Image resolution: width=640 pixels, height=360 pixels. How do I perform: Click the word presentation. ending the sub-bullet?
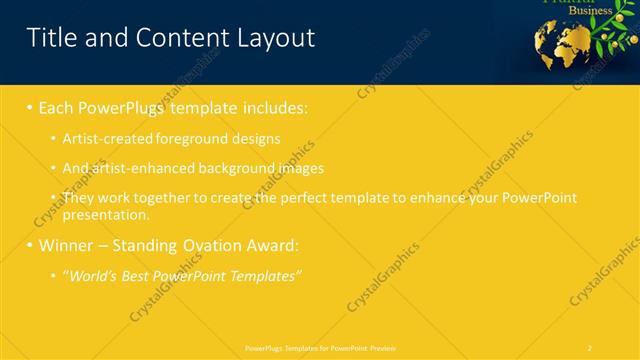[106, 214]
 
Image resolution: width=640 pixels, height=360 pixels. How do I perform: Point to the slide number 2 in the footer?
[589, 347]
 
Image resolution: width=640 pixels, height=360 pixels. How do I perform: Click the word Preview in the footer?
[381, 347]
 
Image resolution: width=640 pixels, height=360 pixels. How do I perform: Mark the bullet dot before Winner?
[30, 245]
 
